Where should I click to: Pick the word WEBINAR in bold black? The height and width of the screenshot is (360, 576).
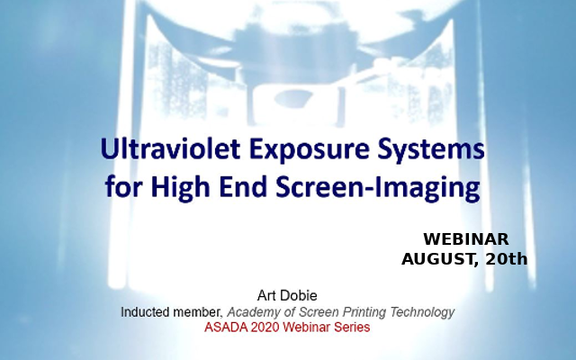pos(466,239)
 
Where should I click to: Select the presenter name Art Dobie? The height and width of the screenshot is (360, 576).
pos(287,294)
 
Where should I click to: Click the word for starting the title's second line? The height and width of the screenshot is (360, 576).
pos(119,189)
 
